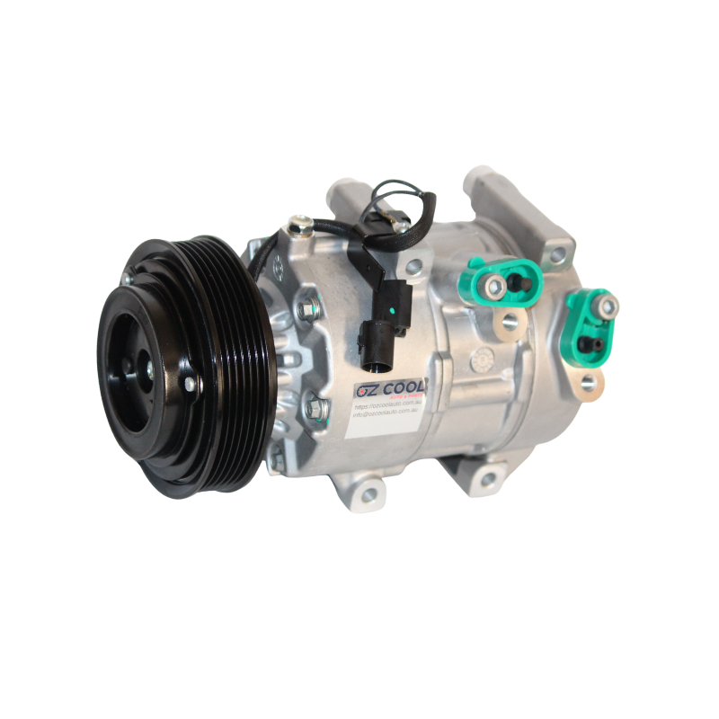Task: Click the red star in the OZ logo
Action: [x=359, y=386]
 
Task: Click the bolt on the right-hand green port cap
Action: [x=608, y=307]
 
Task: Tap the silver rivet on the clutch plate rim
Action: [x=190, y=385]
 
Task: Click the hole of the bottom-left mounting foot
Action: [x=368, y=493]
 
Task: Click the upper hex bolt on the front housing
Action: [x=308, y=308]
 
